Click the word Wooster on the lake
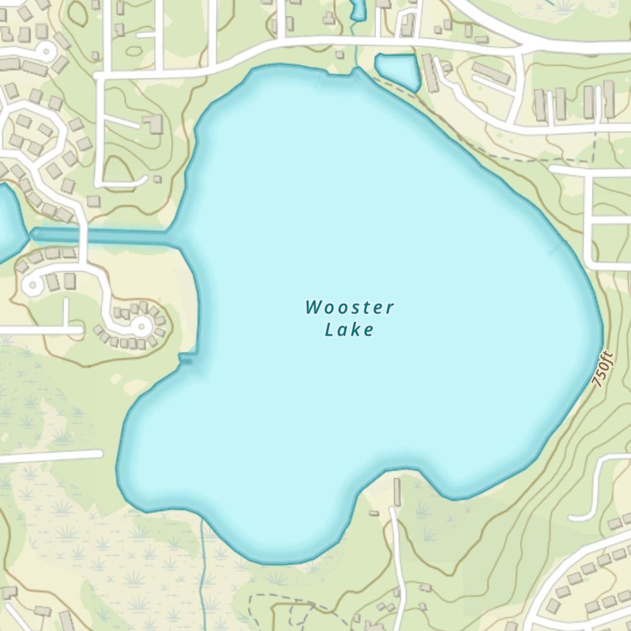tap(350, 308)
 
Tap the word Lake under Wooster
tap(349, 329)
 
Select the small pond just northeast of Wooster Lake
tap(398, 69)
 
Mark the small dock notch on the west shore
tap(186, 358)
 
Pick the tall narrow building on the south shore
tap(397, 492)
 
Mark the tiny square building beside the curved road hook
tap(157, 179)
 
